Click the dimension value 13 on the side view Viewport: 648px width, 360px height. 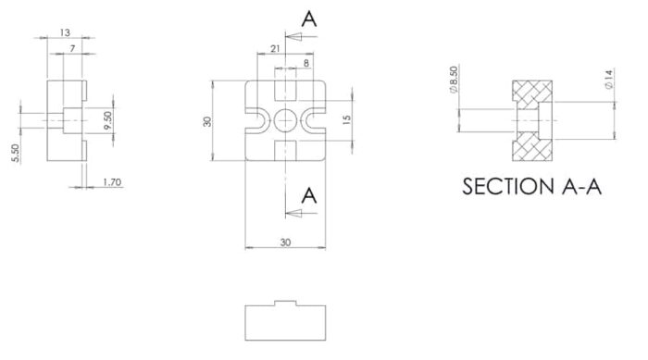click(x=65, y=32)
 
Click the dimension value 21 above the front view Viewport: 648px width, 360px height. click(x=277, y=48)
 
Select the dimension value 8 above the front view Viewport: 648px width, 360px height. click(x=305, y=63)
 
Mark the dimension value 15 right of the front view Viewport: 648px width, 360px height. click(x=345, y=120)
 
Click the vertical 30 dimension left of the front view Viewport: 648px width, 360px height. click(x=208, y=121)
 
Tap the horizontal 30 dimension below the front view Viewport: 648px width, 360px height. click(x=286, y=242)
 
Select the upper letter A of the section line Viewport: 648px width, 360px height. click(x=309, y=19)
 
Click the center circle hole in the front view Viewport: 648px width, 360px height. click(x=286, y=121)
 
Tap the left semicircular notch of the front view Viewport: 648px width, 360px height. click(x=254, y=121)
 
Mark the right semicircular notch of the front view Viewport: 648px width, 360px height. click(x=318, y=121)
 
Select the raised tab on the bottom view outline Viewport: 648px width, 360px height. click(x=286, y=304)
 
